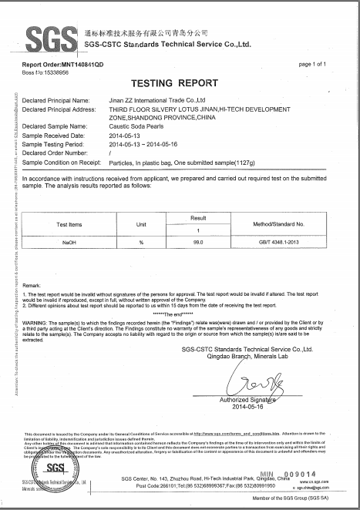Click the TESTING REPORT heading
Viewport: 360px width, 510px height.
[x=180, y=82]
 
